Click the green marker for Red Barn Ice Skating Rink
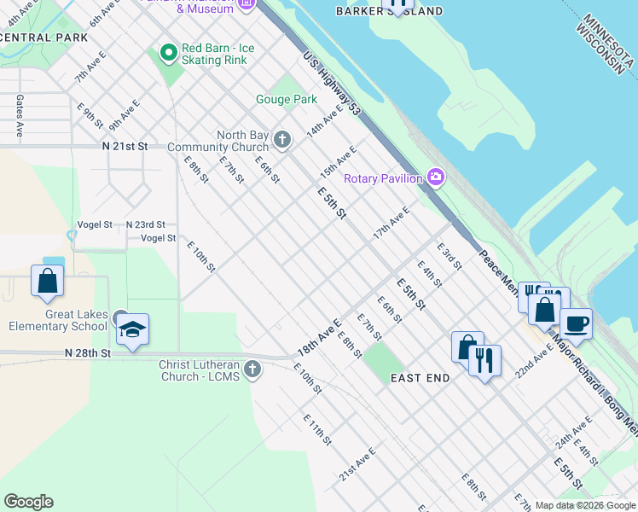point(168,53)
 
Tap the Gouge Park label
point(287,100)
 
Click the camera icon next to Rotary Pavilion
point(436,177)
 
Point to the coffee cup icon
point(576,323)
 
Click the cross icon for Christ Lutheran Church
point(252,369)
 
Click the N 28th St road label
point(88,352)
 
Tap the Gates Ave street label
point(19,116)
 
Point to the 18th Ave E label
point(319,339)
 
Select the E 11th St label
point(316,429)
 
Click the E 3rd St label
point(449,257)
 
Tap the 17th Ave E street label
point(391,222)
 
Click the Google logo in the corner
point(28,502)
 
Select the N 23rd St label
point(145,224)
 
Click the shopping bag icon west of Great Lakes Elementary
point(47,281)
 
